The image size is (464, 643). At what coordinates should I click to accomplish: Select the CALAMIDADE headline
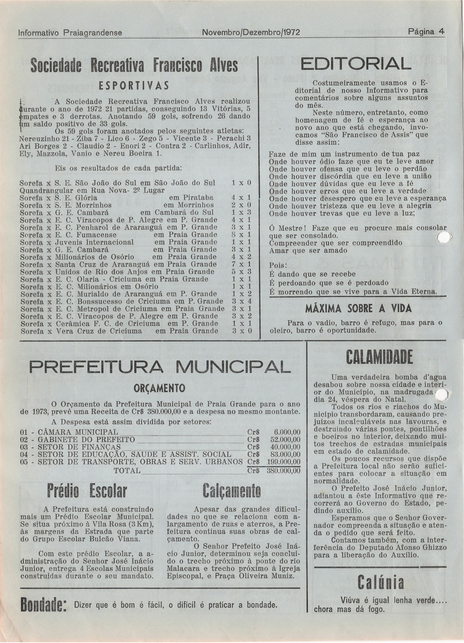click(x=379, y=357)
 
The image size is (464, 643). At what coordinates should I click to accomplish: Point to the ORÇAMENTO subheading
click(x=160, y=388)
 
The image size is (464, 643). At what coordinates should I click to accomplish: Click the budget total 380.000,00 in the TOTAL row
click(x=283, y=471)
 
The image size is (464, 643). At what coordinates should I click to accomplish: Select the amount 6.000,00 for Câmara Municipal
click(x=287, y=432)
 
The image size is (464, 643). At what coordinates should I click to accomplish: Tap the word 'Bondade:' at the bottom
click(x=43, y=607)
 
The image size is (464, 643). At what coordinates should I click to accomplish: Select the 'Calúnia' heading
click(x=381, y=582)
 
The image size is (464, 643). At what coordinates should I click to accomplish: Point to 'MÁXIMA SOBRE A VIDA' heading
click(x=358, y=308)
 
